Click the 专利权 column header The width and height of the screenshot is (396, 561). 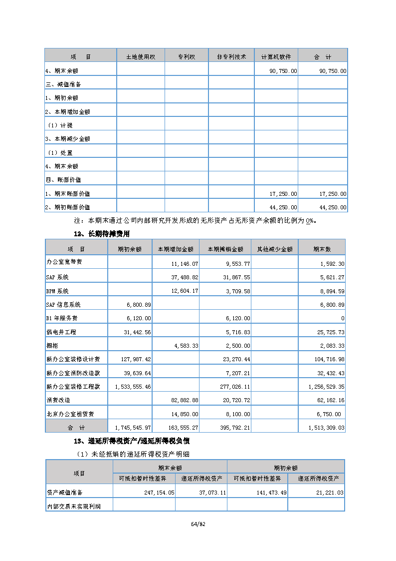click(x=187, y=57)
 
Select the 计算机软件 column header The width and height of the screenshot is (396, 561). click(x=276, y=57)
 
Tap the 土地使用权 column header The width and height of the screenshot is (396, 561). click(x=141, y=57)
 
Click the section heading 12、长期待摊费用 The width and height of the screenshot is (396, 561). click(x=102, y=234)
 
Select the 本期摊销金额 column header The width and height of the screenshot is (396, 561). click(x=225, y=249)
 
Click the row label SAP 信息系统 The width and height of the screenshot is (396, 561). click(x=63, y=304)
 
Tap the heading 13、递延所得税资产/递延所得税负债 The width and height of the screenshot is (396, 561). click(x=131, y=441)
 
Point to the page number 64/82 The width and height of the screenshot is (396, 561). click(x=198, y=524)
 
